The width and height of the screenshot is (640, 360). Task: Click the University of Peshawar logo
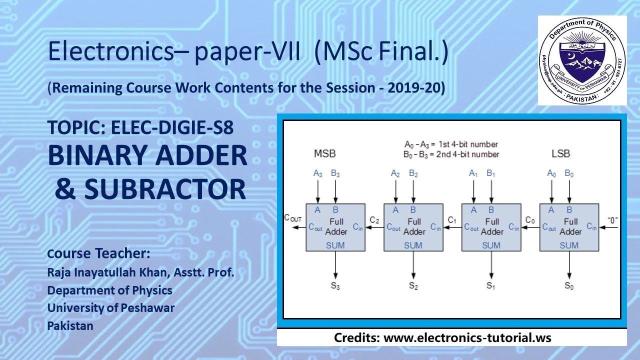(582, 60)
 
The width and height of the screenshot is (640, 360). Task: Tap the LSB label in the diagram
(560, 153)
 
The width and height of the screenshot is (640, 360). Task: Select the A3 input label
(318, 174)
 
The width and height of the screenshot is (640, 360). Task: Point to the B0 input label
(569, 174)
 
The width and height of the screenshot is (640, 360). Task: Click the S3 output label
(335, 286)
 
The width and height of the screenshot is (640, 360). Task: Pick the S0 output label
(569, 286)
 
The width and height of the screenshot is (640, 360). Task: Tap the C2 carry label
(374, 219)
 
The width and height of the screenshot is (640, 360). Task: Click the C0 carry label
(530, 219)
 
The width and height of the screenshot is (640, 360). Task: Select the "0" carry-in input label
(612, 219)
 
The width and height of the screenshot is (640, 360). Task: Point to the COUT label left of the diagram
(293, 217)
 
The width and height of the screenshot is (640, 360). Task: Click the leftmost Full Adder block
(335, 227)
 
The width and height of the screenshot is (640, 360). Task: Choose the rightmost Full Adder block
(569, 227)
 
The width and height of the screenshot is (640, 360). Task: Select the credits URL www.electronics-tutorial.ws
(467, 337)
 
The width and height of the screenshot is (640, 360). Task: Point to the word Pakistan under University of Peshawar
(70, 325)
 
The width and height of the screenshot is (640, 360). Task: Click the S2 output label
(413, 286)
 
